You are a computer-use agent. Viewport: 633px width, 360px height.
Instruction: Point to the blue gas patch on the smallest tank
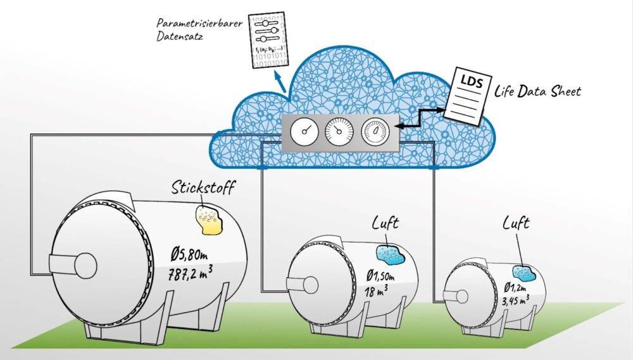525,273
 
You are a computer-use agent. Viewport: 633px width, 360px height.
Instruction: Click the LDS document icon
467,97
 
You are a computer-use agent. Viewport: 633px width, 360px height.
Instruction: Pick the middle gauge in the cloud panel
338,132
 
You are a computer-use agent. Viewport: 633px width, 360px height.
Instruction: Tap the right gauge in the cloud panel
374,132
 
